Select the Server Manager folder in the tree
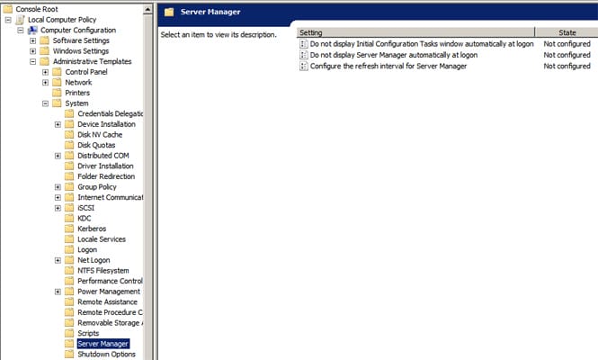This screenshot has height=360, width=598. pos(103,344)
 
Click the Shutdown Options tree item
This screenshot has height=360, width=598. pos(106,355)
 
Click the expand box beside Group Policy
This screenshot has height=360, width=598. pos(58,187)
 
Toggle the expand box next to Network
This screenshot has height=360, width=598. pos(45,83)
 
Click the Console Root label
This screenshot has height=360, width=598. pos(37,8)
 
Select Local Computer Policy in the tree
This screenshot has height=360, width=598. pos(63,19)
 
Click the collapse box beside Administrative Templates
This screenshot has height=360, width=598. pos(32,62)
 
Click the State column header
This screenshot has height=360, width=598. pos(567,32)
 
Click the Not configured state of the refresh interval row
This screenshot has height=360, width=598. pos(567,67)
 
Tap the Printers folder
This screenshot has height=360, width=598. pos(77,93)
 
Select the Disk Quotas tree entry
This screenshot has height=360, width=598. pos(96,145)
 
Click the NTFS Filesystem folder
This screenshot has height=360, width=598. pos(103,271)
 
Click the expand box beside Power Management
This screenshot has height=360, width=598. pos(58,292)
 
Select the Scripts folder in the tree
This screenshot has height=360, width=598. pos(88,333)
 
